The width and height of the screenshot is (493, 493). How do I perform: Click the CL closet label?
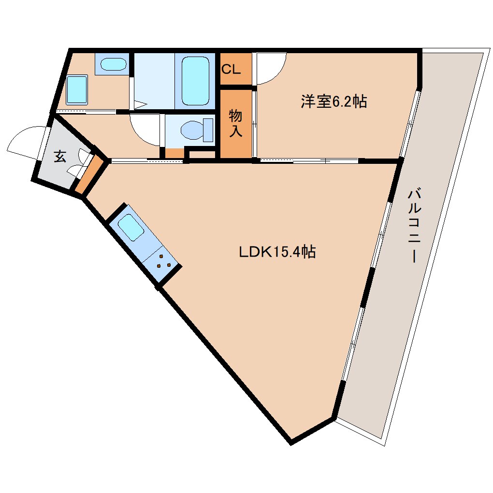231,69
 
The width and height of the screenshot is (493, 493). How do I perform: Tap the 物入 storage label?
235,123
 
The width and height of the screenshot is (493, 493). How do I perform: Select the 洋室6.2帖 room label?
333,101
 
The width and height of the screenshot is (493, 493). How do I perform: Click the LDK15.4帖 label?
277,251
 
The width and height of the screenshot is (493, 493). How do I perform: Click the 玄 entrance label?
60,156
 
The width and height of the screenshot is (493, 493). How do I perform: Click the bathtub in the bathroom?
195,81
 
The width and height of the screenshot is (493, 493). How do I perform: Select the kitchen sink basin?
131,227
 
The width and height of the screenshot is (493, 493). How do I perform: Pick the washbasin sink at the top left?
113,64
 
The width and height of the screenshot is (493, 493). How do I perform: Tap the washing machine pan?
77,89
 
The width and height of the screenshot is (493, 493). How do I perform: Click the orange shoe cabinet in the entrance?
89,174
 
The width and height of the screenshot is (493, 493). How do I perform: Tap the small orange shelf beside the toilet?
174,153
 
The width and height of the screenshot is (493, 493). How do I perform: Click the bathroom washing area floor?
154,81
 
